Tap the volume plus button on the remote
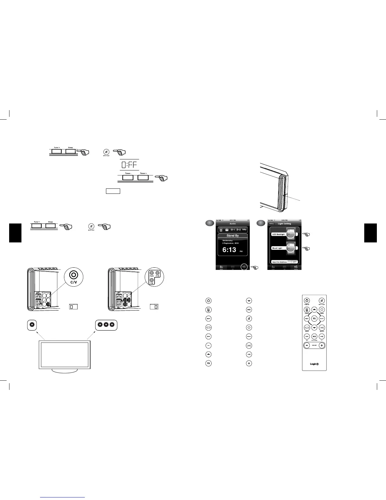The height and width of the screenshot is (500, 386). [321, 345]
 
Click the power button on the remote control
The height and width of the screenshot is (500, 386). [307, 301]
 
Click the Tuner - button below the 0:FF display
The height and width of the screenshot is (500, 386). [127, 177]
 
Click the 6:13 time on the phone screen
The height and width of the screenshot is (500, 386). [229, 250]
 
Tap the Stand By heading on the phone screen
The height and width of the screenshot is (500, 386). [232, 236]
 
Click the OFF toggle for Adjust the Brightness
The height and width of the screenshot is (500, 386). [295, 262]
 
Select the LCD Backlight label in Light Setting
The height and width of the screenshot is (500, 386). [278, 234]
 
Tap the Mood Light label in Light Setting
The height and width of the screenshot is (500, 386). [278, 248]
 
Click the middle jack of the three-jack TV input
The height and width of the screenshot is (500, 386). [106, 325]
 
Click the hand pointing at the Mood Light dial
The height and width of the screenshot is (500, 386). [306, 249]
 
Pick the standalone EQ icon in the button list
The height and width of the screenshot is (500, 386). [208, 363]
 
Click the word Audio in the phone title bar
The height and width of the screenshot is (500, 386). [232, 223]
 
